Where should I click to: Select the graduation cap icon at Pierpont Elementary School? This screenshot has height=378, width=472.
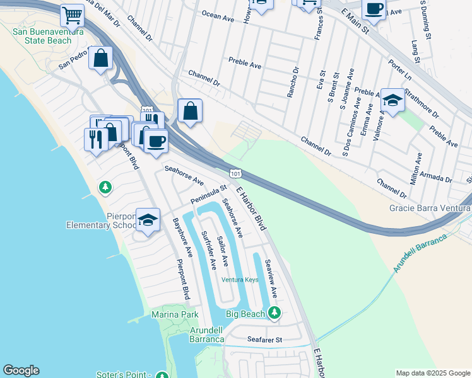click(148, 220)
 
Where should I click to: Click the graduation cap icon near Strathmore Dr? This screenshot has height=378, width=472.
click(392, 100)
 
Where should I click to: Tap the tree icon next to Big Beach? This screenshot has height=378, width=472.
click(274, 312)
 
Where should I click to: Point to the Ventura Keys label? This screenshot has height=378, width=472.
click(240, 280)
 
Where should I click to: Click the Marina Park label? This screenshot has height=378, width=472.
click(175, 314)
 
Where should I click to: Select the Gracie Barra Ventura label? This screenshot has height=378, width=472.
click(430, 208)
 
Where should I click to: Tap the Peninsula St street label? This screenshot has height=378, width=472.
click(208, 195)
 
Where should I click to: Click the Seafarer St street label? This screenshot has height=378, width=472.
click(264, 340)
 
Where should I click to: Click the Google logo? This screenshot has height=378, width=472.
click(21, 370)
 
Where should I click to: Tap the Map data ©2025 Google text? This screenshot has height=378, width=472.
click(433, 373)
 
